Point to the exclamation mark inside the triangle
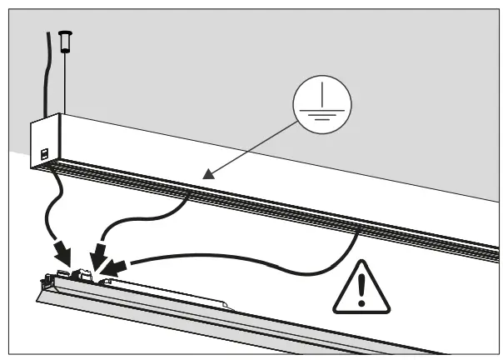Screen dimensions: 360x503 click(361, 287)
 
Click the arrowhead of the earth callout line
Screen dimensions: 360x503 click(208, 173)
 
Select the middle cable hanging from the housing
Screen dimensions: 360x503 click(150, 212)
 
